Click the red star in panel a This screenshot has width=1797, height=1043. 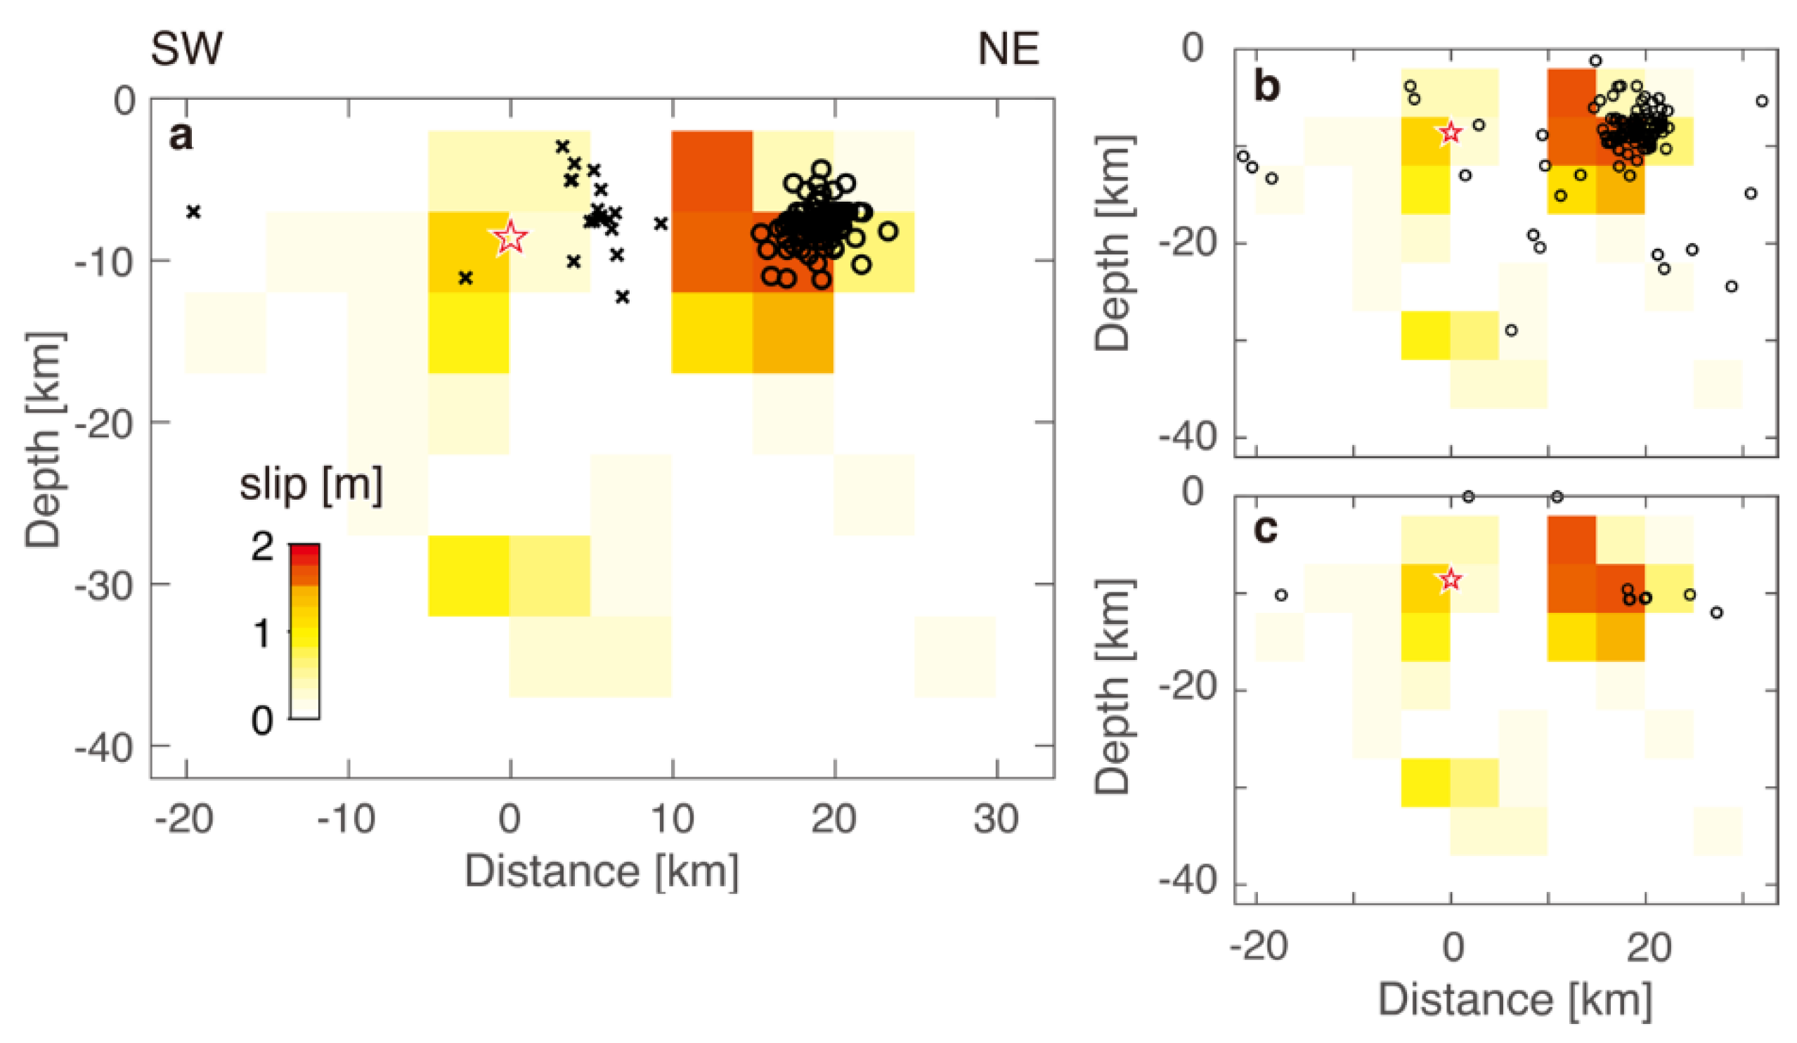tap(511, 237)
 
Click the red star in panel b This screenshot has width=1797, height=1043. tap(1450, 133)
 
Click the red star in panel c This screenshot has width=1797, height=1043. tap(1450, 580)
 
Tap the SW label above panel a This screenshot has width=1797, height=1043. tap(187, 49)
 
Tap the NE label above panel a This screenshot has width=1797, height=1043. tap(1008, 49)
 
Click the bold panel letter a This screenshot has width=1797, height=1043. tap(181, 136)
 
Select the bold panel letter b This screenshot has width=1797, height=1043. tap(1266, 87)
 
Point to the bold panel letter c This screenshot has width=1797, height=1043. tap(1266, 529)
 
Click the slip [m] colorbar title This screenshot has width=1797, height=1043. tap(310, 485)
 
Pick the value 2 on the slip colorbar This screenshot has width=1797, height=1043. tap(262, 548)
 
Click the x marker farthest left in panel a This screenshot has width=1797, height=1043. tap(193, 212)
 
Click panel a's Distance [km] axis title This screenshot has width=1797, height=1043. tap(601, 872)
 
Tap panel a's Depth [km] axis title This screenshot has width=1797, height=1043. tap(44, 440)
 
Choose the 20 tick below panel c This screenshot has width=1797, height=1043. tap(1648, 948)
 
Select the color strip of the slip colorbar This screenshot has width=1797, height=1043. tap(304, 632)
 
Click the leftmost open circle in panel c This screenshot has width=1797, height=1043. tap(1280, 595)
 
